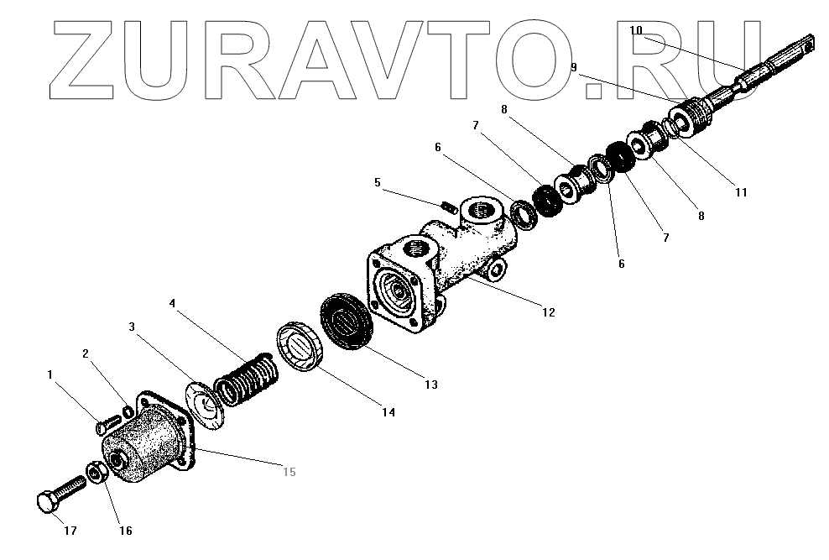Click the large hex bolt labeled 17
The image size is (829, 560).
coord(59,495)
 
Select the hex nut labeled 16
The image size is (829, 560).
coord(95,474)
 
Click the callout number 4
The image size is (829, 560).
coord(171,303)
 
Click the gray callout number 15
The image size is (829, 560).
coord(288,471)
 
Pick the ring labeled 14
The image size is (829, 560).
coord(298,347)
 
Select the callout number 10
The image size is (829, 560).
coord(636,30)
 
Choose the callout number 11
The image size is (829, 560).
coord(740,191)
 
